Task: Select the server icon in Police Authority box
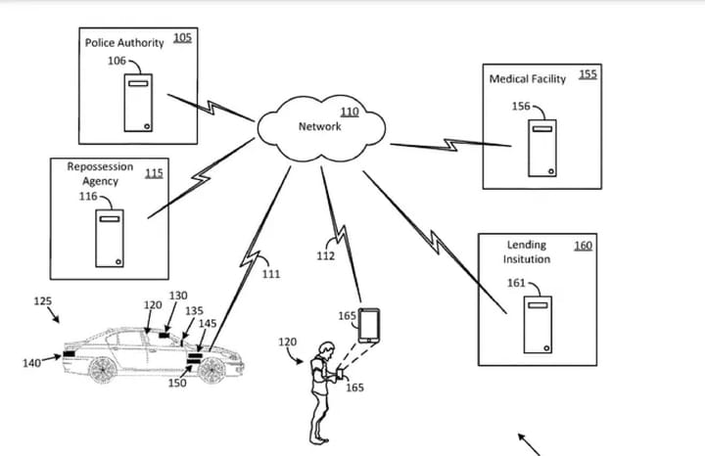[138, 102]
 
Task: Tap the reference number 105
[182, 38]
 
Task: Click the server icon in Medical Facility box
[542, 147]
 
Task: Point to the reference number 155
[587, 73]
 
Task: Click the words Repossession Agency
[100, 173]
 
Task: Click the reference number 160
[583, 245]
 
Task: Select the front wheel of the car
[211, 370]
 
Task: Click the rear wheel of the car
[102, 368]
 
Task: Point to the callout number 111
[271, 274]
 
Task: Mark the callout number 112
[326, 256]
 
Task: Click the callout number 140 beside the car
[31, 364]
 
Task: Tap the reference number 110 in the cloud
[349, 112]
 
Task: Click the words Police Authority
[124, 43]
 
